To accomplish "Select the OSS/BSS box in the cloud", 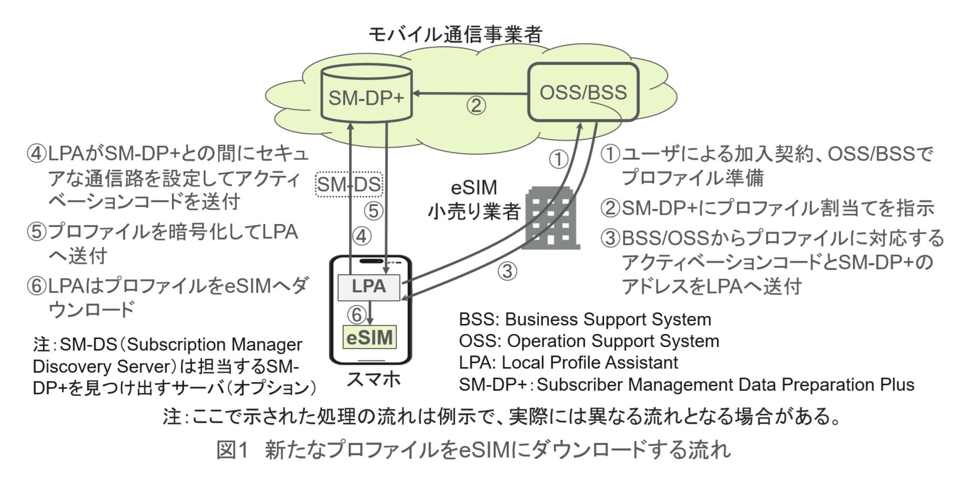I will (583, 92).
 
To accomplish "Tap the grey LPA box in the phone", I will (369, 287).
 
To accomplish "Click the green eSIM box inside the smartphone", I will (370, 337).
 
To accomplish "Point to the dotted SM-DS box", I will (349, 185).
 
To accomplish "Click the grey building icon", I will (551, 218).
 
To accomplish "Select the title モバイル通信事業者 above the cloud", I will (456, 35).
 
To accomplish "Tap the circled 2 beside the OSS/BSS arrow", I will (476, 105).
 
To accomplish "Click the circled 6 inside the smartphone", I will (357, 315).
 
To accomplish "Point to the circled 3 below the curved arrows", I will (507, 271).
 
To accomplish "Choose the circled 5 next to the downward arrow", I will (373, 211).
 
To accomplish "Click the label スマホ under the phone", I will (373, 379).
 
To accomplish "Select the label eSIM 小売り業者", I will (474, 200).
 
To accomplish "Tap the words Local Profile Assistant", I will (590, 363).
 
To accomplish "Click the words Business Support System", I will (608, 319).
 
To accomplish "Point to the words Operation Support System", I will (613, 341).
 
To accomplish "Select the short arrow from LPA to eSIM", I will (370, 313).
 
